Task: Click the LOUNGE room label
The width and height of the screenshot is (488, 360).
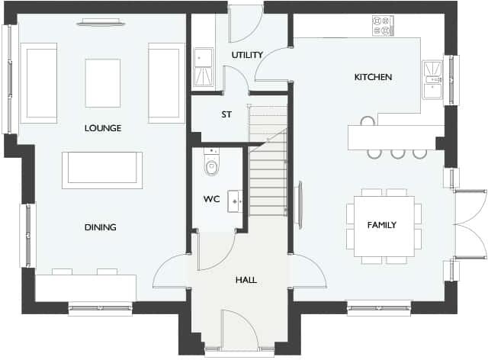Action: [103, 128]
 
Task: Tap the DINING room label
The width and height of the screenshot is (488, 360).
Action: [101, 227]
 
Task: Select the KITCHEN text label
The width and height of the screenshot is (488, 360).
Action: [373, 77]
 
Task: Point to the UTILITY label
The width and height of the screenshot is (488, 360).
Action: [247, 55]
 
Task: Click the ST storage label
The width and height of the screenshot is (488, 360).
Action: [226, 115]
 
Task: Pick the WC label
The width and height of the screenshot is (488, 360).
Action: [211, 200]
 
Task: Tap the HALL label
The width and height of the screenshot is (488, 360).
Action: [246, 280]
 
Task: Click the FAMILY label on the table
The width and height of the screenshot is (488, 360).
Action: [381, 225]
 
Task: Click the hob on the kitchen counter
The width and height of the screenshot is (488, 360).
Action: [382, 25]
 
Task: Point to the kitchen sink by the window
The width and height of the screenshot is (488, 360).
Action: [433, 79]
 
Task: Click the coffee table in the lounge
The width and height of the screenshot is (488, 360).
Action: [103, 83]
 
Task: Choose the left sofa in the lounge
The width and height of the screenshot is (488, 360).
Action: [39, 83]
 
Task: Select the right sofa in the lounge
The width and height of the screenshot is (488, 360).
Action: [167, 83]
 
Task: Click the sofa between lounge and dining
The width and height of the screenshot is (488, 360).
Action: [102, 169]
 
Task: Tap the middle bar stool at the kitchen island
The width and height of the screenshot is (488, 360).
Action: [397, 153]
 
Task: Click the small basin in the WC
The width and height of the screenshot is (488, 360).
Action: [236, 200]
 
